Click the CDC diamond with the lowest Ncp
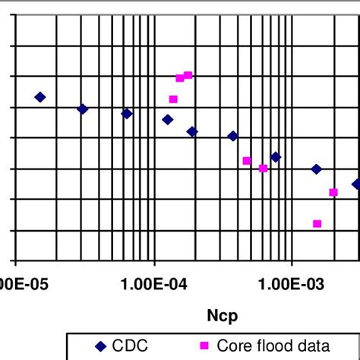(x=40, y=97)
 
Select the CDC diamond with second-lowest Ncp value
(x=83, y=109)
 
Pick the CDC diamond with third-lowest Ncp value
(x=127, y=113)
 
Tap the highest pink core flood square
(x=188, y=75)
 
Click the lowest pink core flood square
(x=317, y=223)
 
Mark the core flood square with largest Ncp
(x=333, y=192)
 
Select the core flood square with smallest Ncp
(x=173, y=99)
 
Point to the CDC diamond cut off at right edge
(x=355, y=184)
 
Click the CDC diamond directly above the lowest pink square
(x=316, y=169)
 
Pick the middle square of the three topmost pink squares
(x=180, y=78)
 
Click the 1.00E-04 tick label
(x=155, y=285)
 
